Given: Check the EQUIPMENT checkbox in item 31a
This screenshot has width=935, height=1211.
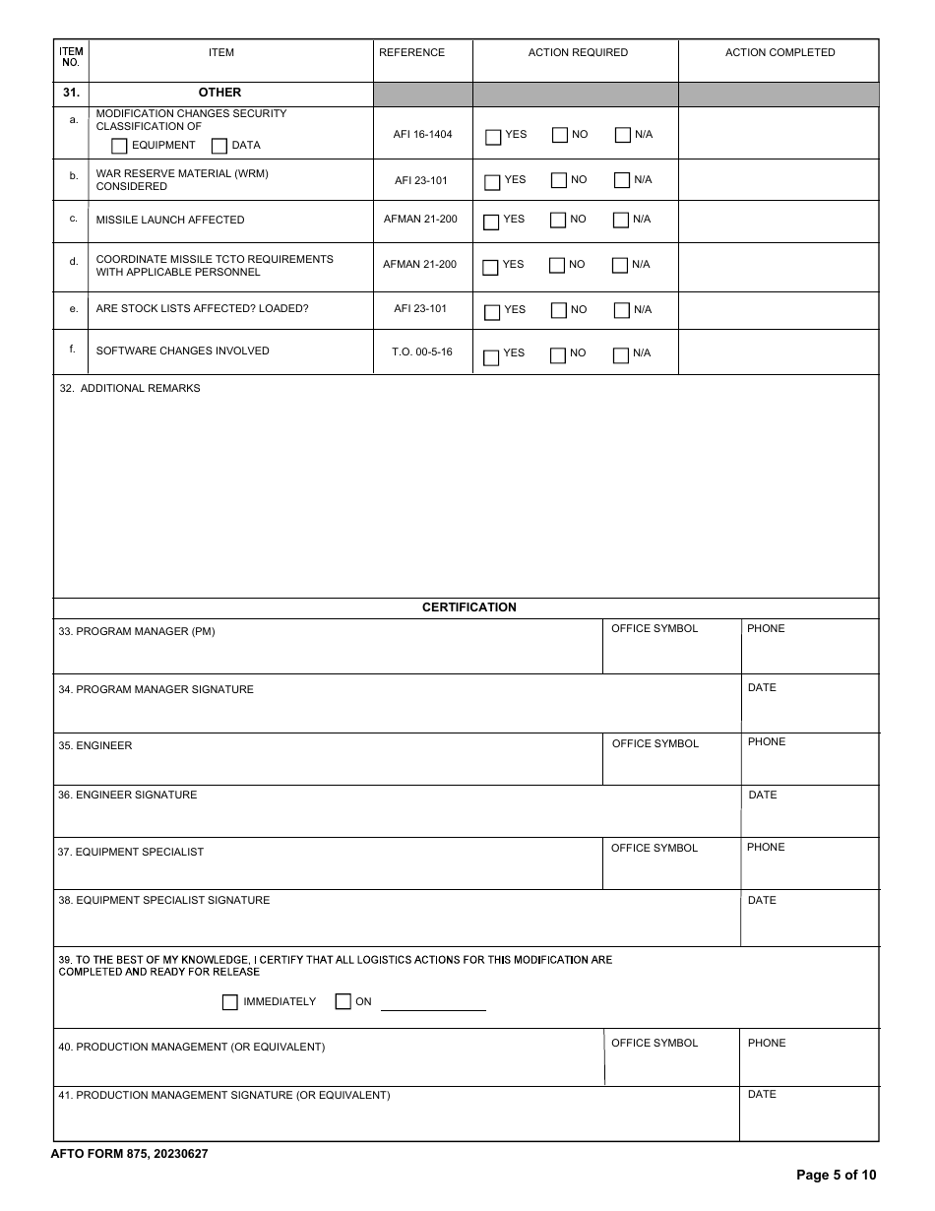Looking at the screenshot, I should click(119, 146).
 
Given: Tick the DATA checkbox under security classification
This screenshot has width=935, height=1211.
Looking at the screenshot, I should click(219, 146).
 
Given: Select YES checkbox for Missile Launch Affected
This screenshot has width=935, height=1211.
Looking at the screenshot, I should click(491, 222).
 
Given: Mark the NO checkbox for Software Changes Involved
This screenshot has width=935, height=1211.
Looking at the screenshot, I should click(558, 355).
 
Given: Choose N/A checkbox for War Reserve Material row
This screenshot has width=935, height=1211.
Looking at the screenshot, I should click(622, 180).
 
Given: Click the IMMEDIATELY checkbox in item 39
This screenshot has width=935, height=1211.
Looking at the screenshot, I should click(230, 1002).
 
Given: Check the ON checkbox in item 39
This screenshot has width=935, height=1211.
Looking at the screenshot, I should click(343, 1002).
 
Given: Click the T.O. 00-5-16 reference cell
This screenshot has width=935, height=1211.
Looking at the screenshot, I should click(422, 351).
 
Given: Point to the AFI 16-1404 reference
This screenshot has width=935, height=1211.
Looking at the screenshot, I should click(422, 134).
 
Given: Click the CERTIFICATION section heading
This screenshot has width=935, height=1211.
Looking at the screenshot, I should click(468, 607).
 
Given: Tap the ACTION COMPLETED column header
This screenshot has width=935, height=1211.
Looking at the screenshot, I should click(779, 53).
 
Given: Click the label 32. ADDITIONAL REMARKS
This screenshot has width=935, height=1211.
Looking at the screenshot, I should click(130, 388).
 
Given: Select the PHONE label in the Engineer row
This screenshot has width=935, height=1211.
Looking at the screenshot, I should click(766, 741).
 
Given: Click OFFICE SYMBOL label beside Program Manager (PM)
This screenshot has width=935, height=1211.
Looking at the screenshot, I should click(654, 628).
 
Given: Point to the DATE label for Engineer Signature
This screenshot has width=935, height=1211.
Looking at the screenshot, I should click(762, 795).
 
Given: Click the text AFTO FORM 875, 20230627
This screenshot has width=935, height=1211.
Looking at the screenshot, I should click(129, 1154).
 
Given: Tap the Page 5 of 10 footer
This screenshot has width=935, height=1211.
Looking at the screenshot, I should click(835, 1175).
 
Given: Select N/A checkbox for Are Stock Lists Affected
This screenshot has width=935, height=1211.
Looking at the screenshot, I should click(622, 311).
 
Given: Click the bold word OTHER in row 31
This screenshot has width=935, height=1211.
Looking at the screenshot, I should click(219, 93).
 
